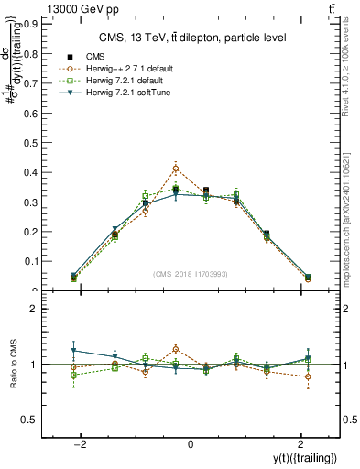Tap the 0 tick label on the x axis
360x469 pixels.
pos(191,443)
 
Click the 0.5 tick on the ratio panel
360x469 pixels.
pos(27,420)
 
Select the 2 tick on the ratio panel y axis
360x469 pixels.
pos(32,310)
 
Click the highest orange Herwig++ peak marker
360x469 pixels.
pos(175,169)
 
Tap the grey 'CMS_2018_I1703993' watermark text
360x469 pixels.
pos(191,274)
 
